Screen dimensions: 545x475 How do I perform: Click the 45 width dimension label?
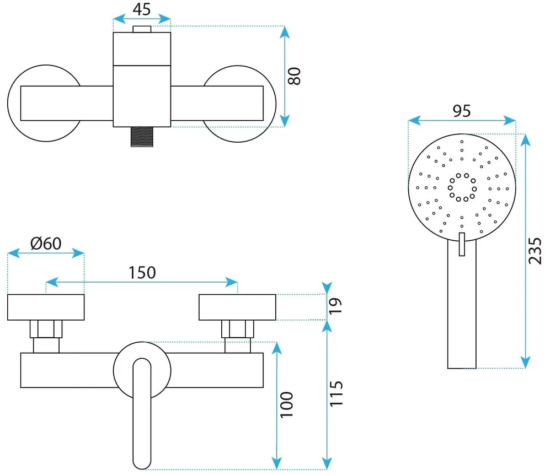click(x=142, y=9)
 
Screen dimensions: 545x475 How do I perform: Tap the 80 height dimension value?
click(x=294, y=77)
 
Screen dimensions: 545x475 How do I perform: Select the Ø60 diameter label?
click(x=46, y=244)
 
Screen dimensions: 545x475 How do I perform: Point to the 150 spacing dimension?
click(x=142, y=273)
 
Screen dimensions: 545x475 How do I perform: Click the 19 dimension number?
click(x=335, y=306)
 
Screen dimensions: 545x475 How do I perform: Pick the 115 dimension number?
click(x=336, y=393)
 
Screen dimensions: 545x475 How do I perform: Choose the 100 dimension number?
click(x=287, y=404)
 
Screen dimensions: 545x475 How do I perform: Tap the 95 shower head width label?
click(x=462, y=111)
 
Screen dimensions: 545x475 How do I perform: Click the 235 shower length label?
click(x=535, y=251)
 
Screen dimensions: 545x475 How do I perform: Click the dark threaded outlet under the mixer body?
click(x=142, y=137)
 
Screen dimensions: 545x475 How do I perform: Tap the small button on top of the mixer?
click(x=142, y=29)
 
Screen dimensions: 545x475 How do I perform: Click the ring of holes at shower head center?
click(x=462, y=187)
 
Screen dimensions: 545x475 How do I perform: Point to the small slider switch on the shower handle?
click(x=462, y=245)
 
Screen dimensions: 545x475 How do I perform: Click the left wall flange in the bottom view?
click(x=46, y=307)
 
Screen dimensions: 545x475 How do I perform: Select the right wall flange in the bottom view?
click(x=237, y=307)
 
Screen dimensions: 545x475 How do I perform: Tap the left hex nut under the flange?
click(x=46, y=329)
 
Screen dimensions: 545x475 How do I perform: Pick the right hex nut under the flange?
click(x=238, y=329)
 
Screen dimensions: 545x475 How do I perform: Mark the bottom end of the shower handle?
click(x=462, y=368)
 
